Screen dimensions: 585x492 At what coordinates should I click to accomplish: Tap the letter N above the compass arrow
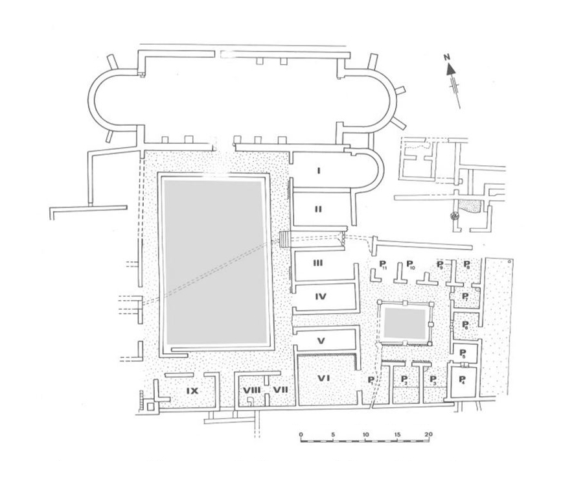447,57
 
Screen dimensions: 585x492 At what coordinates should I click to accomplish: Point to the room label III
318,263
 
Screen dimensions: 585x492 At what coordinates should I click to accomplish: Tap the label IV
320,297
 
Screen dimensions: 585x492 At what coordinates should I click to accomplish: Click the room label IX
192,390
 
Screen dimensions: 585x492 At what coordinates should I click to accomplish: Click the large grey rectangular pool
216,261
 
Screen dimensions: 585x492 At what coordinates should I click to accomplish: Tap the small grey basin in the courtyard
405,323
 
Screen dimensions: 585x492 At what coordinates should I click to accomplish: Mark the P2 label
404,379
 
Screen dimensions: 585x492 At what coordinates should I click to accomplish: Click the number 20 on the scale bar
428,434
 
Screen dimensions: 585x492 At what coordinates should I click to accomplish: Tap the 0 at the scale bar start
301,434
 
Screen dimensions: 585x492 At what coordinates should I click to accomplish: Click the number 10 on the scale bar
365,434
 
